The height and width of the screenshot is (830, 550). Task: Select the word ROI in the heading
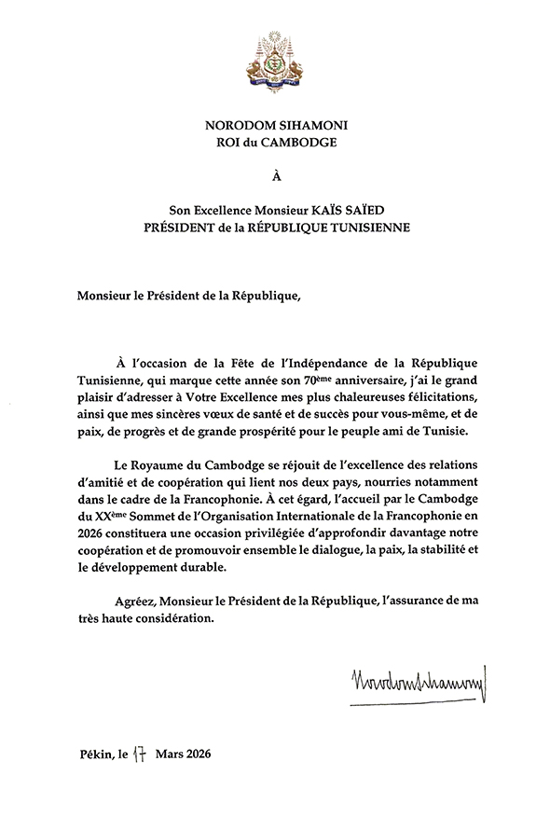coord(227,142)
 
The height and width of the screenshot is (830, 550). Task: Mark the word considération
coord(170,622)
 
